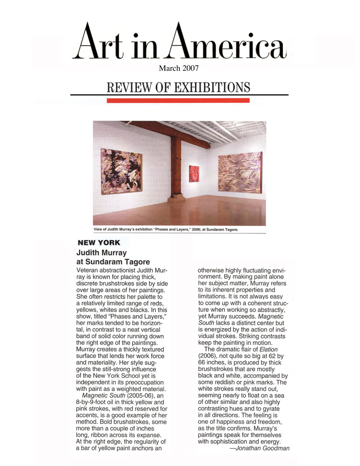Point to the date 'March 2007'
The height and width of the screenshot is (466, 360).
[x=179, y=69]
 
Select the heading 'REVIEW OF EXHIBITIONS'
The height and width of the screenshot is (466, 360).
[x=179, y=87]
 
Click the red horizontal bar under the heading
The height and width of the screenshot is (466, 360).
[x=178, y=100]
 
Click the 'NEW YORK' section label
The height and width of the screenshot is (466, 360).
[x=99, y=242]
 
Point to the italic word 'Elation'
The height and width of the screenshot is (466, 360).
[x=273, y=349]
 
